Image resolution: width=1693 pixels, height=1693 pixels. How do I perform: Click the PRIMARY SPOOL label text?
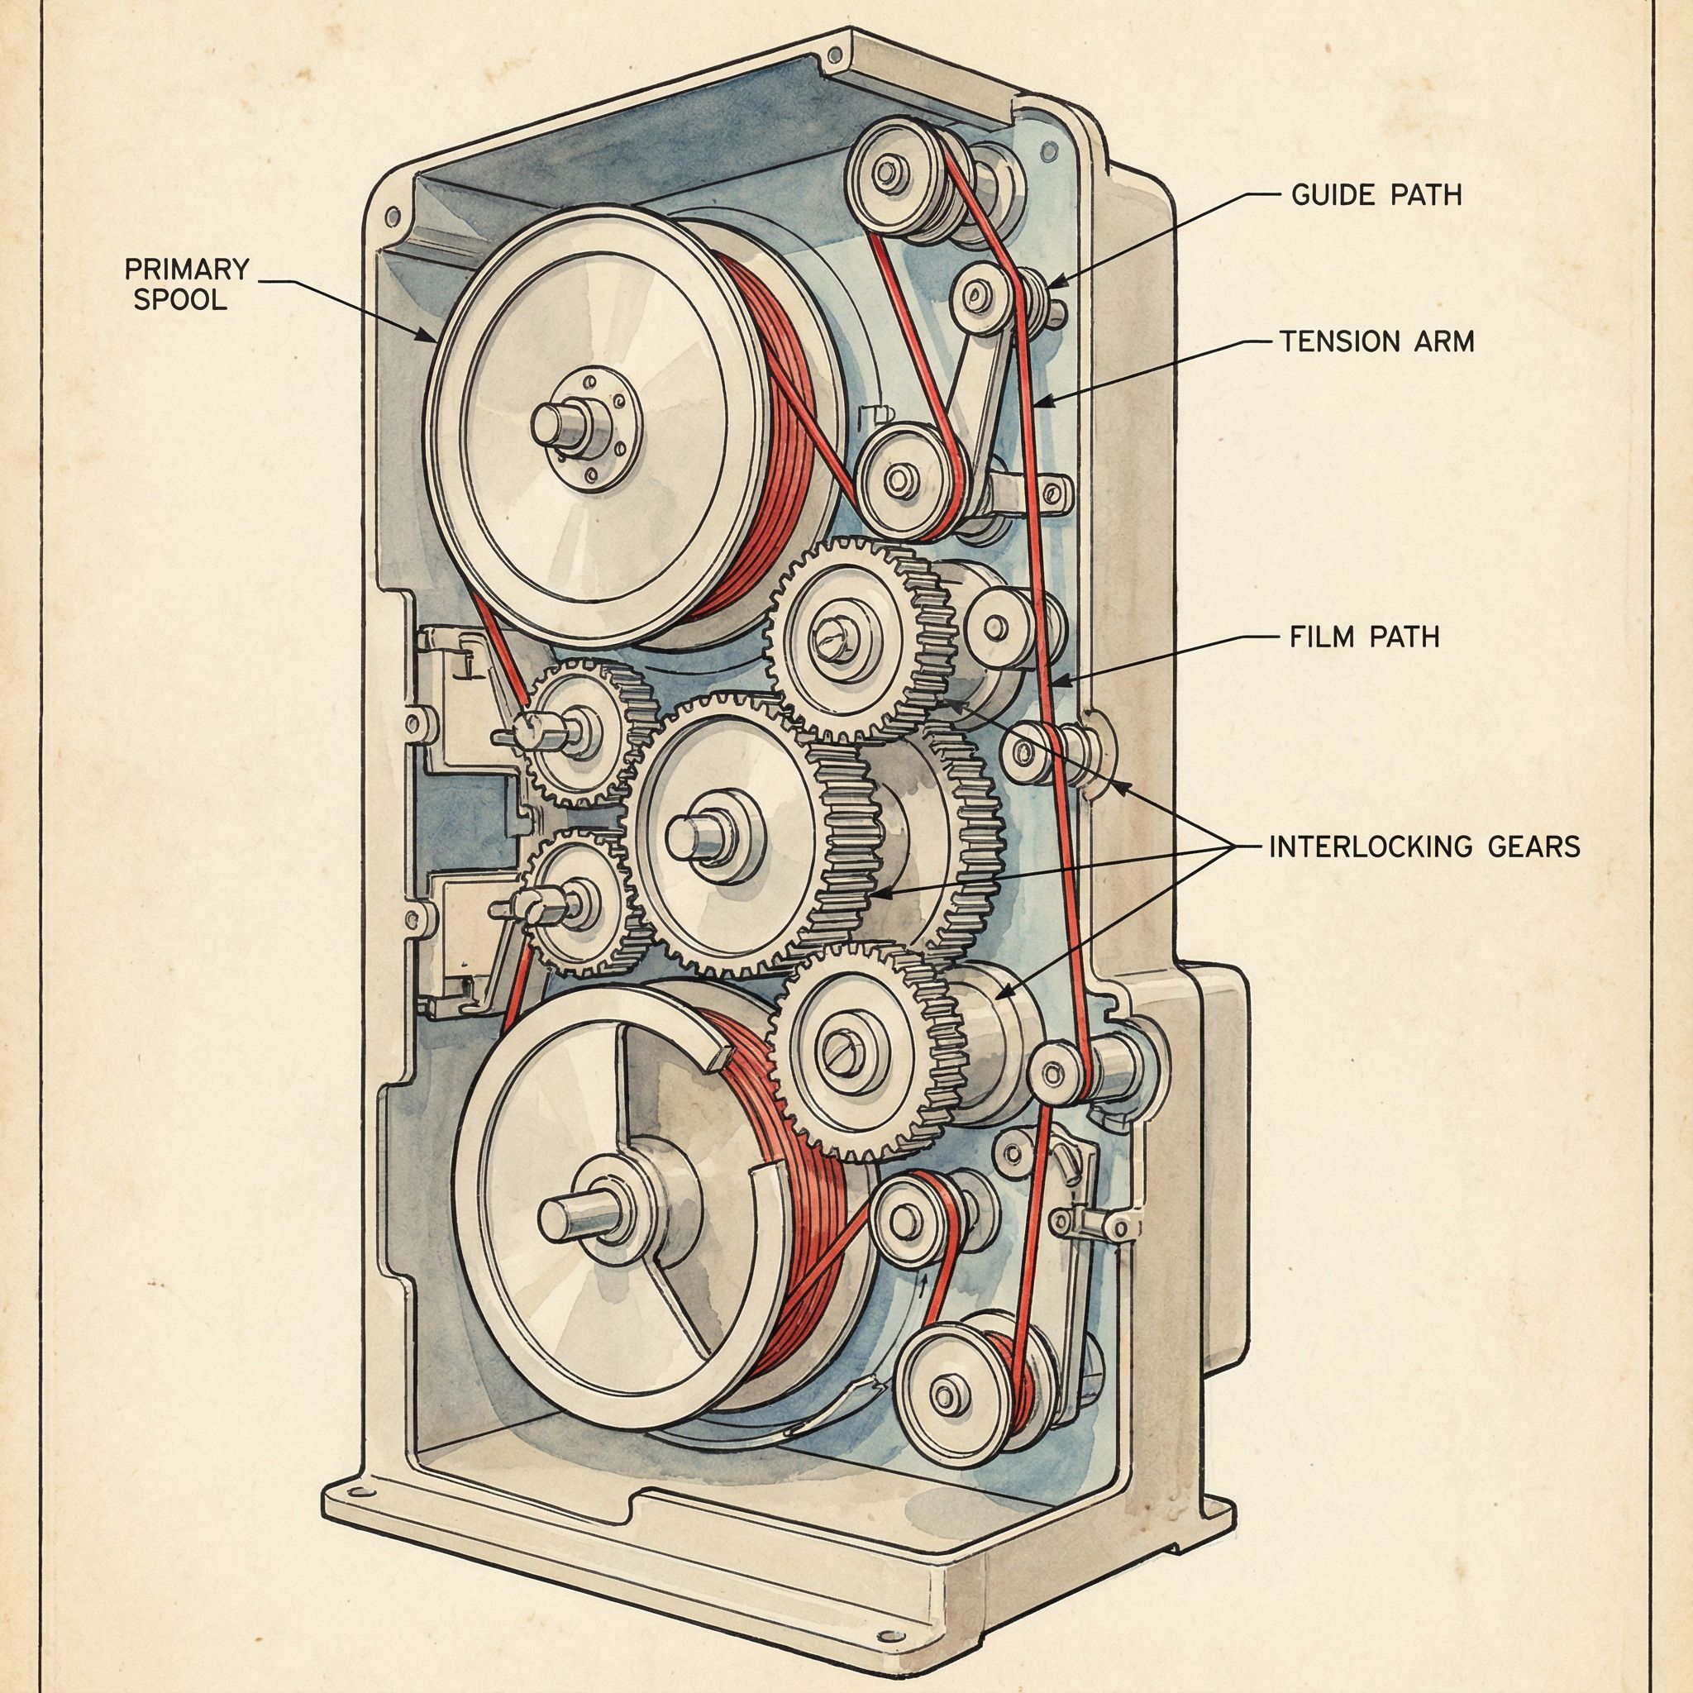pyautogui.click(x=187, y=283)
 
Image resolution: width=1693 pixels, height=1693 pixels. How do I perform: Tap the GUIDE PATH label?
pyautogui.click(x=1376, y=193)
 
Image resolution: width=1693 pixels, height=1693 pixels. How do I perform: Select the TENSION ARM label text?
pyautogui.click(x=1376, y=341)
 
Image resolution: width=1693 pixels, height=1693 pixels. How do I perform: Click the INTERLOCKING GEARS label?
pyautogui.click(x=1424, y=846)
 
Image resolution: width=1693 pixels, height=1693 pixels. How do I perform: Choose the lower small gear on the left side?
pyautogui.click(x=571, y=901)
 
